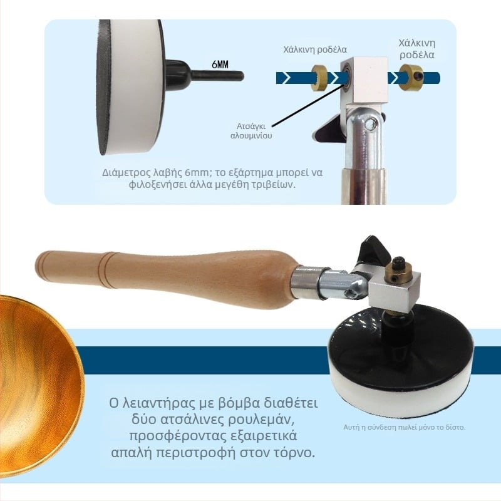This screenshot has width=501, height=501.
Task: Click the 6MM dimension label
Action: tap(220, 65)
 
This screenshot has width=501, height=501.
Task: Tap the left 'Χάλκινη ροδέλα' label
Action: tap(315, 49)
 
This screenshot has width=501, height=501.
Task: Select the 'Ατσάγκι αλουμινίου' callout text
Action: tap(251, 131)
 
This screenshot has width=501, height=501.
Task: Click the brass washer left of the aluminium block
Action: tap(320, 78)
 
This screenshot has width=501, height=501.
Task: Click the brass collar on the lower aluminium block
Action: tap(397, 272)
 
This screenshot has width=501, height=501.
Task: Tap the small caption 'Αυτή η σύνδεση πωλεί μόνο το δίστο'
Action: tap(404, 427)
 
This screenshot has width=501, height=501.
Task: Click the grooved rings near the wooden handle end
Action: tap(108, 271)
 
